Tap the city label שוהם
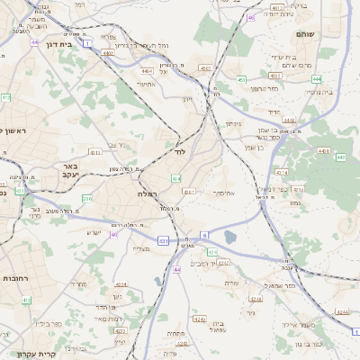tap(305, 34)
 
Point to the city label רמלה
tap(148, 194)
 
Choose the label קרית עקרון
tap(35, 353)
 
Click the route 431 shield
tap(163, 241)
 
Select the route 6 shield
tap(204, 235)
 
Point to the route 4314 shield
tap(282, 171)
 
